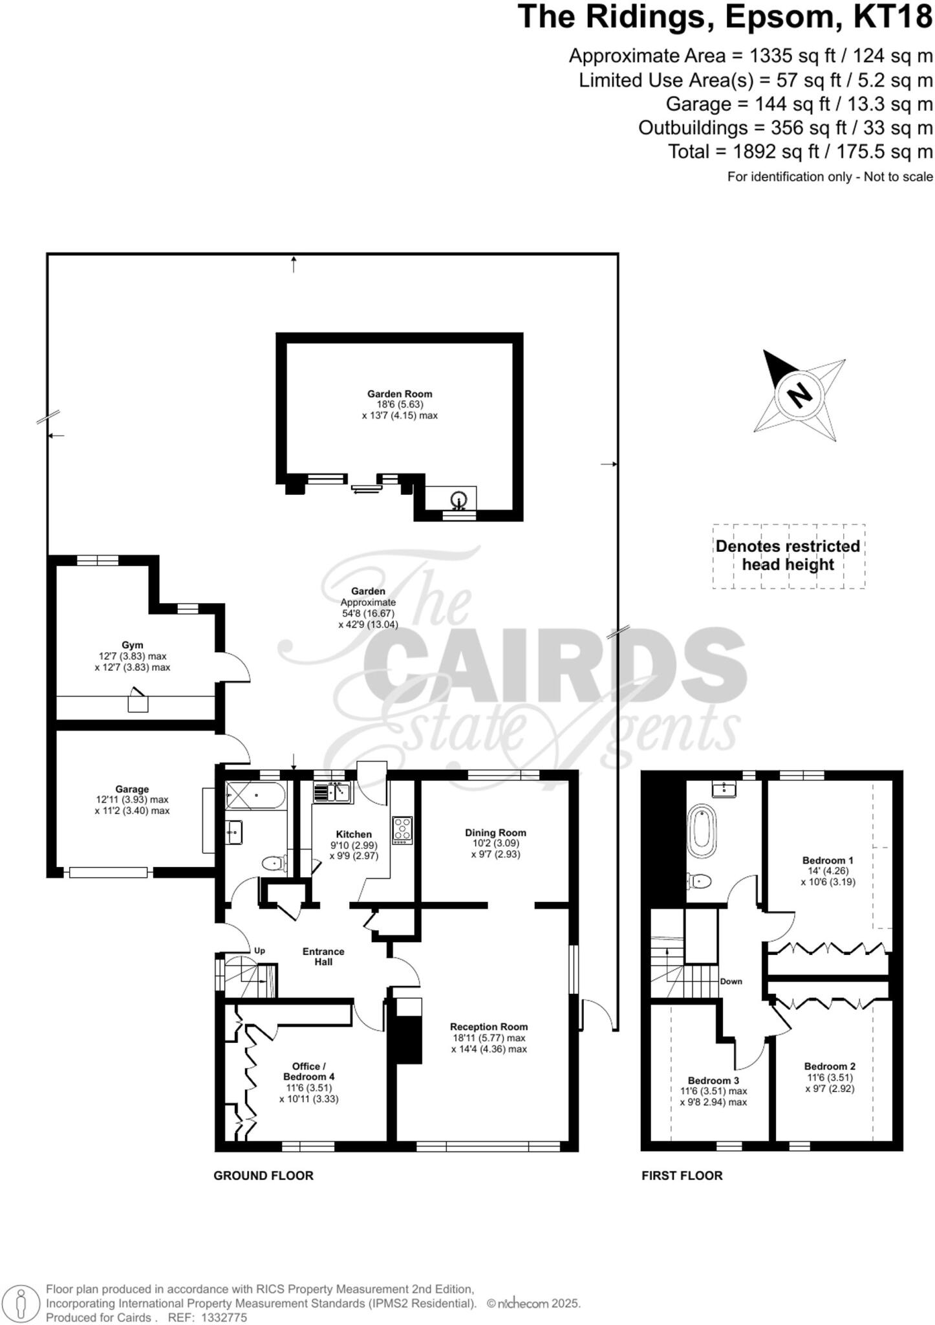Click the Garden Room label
(400, 393)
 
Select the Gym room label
(132, 644)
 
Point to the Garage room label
(132, 789)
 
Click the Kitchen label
(354, 834)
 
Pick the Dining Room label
(495, 832)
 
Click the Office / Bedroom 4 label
(308, 1071)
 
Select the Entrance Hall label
(323, 956)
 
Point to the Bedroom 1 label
(828, 860)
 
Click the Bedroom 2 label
(830, 1066)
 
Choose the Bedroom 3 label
(713, 1080)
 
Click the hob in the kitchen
(402, 830)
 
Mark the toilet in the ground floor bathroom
(275, 863)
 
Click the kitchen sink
(332, 791)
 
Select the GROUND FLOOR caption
(263, 1176)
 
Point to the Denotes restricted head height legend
(788, 555)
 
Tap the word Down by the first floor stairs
(731, 981)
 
